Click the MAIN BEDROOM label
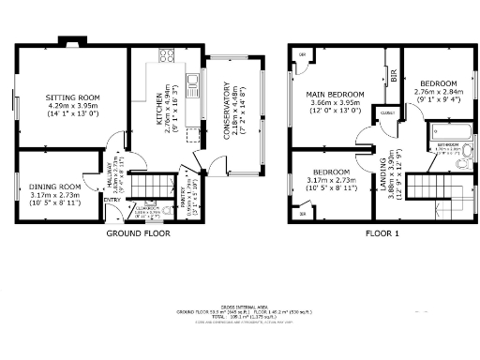(335, 95)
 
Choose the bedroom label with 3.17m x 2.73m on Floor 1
(332, 172)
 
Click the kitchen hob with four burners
(168, 55)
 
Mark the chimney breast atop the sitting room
(71, 43)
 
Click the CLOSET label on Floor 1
(386, 113)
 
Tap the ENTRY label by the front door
(111, 200)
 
